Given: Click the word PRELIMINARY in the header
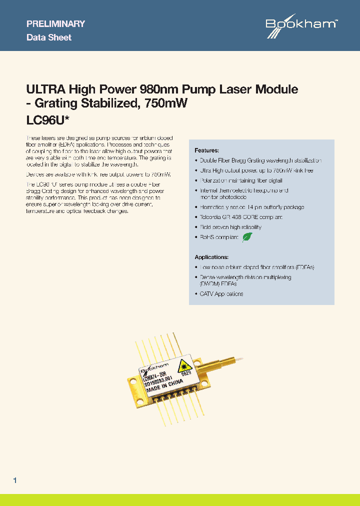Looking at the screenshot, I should coord(55,23).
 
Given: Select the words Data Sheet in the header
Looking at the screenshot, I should coord(48,37).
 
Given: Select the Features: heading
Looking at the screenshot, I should coord(206,150).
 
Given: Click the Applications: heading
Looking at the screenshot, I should coord(211,257).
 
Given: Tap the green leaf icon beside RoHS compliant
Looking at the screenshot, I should coord(247,237).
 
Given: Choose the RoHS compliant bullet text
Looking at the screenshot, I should coord(219,237).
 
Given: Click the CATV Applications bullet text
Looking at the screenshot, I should coord(221,294).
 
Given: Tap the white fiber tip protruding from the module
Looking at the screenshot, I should coord(241,358).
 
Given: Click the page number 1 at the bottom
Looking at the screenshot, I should coord(15,480).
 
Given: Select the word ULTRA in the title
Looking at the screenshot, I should coord(45,89).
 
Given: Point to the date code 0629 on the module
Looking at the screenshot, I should coord(186,373).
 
